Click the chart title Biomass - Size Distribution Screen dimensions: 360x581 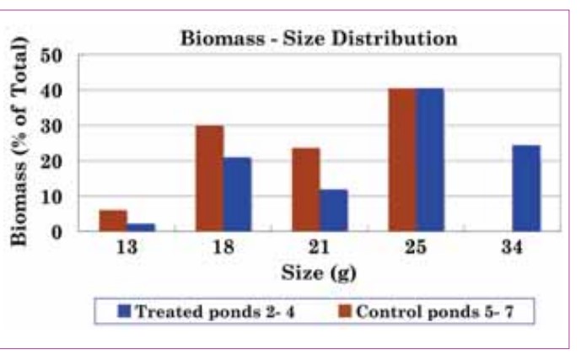point(316,39)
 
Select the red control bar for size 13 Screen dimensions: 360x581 point(112,220)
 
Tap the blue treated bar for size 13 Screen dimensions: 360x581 point(140,227)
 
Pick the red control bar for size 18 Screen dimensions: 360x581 point(209,178)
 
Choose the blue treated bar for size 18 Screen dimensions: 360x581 point(237,194)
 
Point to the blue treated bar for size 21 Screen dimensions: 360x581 point(334,210)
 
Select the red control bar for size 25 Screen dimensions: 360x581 point(402,159)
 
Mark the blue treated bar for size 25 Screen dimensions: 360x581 point(430,159)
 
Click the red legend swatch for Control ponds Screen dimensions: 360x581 point(345,310)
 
